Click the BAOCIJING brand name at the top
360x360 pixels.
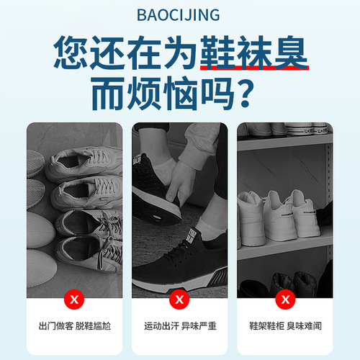tap(178, 15)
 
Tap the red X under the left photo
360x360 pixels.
tap(74, 300)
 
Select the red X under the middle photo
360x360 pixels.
tap(179, 300)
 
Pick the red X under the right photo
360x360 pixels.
tap(285, 300)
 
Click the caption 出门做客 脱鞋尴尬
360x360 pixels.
tap(75, 326)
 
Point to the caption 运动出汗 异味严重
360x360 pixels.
tap(180, 326)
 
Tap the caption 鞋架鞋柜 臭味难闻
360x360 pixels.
tap(285, 326)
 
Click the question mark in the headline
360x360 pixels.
tap(246, 94)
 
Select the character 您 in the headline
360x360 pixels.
tap(71, 53)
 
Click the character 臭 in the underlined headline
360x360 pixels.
tap(291, 52)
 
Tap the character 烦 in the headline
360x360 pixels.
tap(144, 94)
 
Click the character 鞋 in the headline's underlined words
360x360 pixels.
tap(217, 52)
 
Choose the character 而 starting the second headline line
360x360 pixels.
tap(108, 94)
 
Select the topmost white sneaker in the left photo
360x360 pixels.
tap(84, 163)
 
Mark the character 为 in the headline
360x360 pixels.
tap(181, 53)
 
